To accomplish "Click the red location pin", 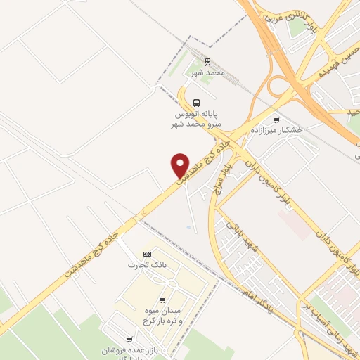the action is [x=181, y=165].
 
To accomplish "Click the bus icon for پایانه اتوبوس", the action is [x=196, y=101].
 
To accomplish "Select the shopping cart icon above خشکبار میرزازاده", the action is [x=276, y=120].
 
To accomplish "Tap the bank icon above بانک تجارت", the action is [x=146, y=254].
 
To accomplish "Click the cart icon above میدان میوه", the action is [x=162, y=300].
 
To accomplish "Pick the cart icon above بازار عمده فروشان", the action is [x=128, y=340].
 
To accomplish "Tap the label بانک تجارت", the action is [x=141, y=264].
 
